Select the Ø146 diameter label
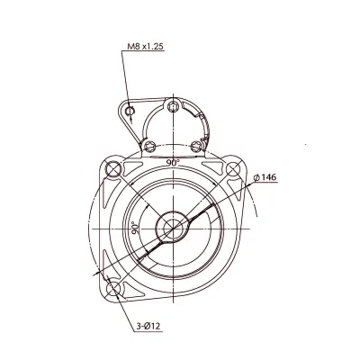(x=265, y=177)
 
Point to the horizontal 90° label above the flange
(x=173, y=162)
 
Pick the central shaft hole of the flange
(x=171, y=228)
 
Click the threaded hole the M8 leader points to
(x=132, y=112)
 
